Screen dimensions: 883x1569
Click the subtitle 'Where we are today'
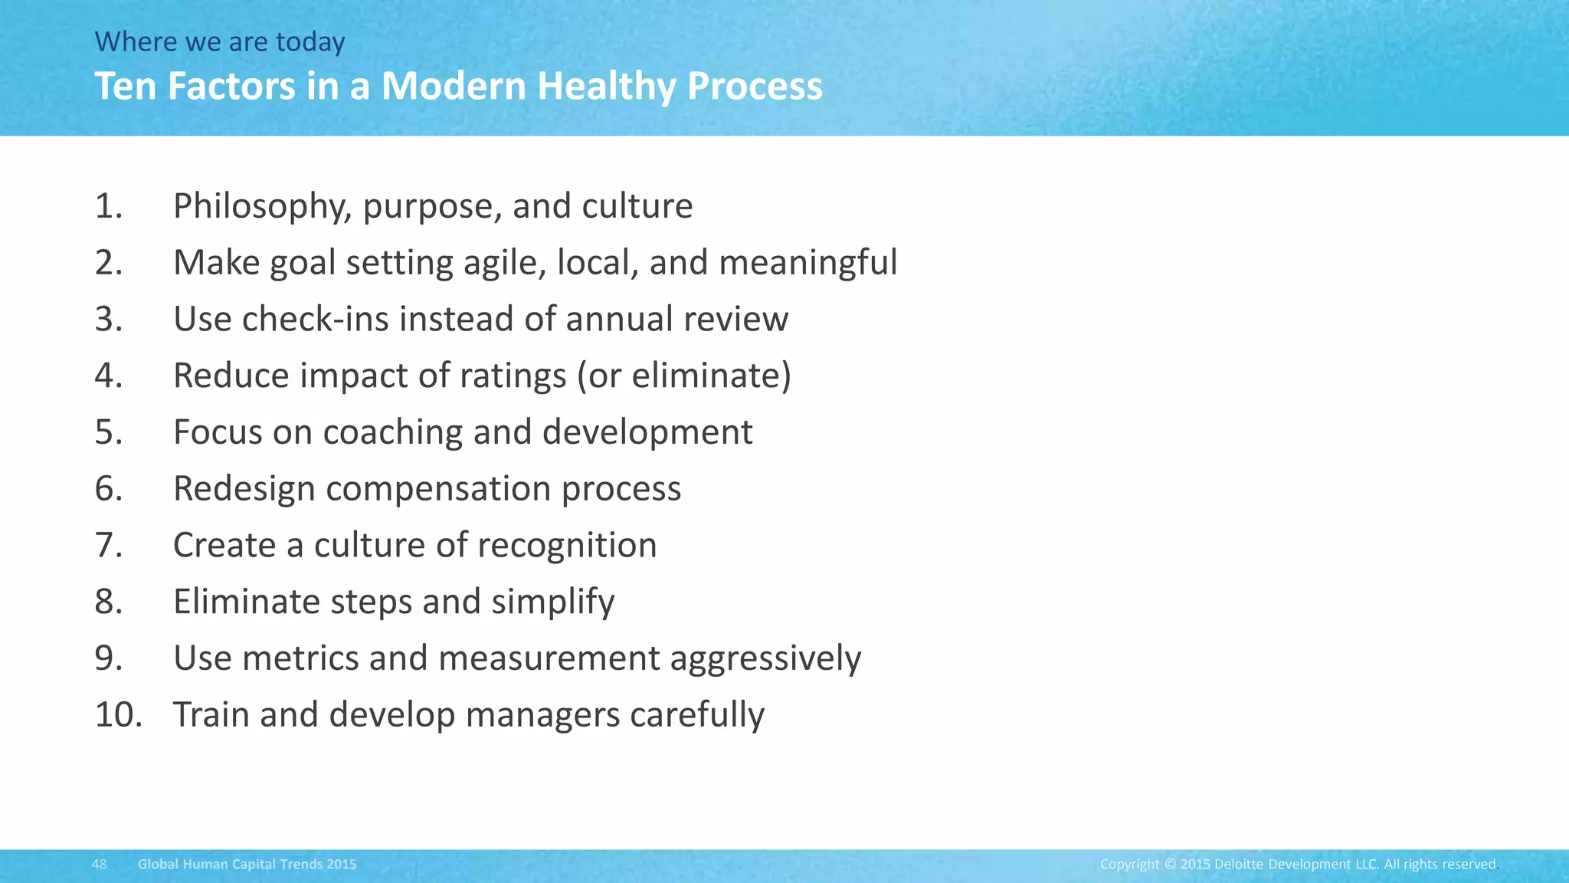pos(220,41)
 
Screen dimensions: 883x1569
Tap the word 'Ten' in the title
pos(125,86)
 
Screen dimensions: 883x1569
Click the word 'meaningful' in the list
pos(807,263)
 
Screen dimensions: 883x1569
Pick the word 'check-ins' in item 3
pos(315,319)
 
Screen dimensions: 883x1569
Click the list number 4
pos(109,376)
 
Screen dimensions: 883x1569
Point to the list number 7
pos(109,545)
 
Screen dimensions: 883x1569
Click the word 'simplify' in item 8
pos(552,602)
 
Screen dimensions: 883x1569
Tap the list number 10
pos(119,714)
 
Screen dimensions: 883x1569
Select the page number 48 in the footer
pos(99,865)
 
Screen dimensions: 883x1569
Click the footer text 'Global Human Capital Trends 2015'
pos(247,865)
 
